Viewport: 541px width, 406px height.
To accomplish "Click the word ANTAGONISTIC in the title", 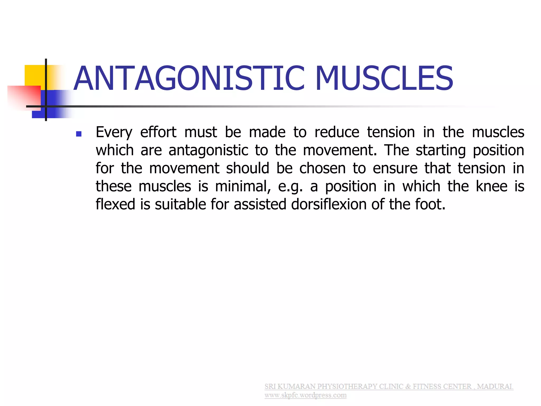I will click(x=189, y=79).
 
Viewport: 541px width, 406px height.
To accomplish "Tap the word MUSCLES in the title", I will click(x=384, y=79).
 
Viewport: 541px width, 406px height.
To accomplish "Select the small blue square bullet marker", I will click(x=78, y=134).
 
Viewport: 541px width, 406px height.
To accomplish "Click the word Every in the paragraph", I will click(x=114, y=132).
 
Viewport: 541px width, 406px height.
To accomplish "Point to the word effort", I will click(x=158, y=132).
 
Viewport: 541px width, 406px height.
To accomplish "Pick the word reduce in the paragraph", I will click(x=337, y=132).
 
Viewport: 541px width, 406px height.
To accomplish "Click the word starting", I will click(x=441, y=150).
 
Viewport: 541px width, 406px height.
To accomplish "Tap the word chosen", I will click(x=322, y=168).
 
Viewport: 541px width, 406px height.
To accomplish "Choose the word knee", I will click(x=491, y=186).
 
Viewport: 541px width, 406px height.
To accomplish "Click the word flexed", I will click(x=115, y=204).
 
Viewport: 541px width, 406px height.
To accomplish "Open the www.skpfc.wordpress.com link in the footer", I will click(x=305, y=395).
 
